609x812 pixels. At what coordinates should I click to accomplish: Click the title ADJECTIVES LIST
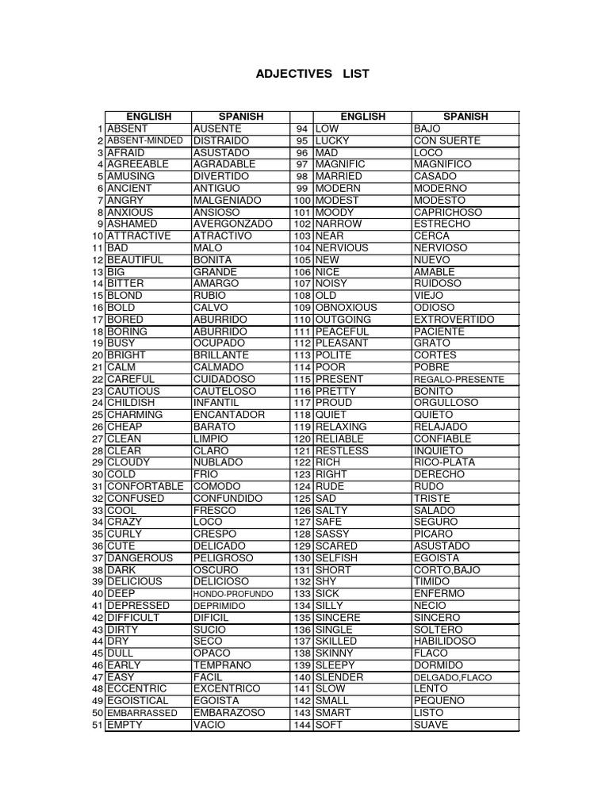coord(312,74)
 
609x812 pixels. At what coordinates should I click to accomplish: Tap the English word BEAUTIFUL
coord(135,260)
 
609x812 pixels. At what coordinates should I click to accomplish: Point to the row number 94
coord(301,128)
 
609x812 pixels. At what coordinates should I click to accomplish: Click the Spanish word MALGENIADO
coord(227,201)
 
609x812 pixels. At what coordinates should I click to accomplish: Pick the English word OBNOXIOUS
coord(346,308)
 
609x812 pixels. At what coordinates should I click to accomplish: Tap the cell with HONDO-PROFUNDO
coord(233,594)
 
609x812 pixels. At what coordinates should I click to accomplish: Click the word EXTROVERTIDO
coord(454,320)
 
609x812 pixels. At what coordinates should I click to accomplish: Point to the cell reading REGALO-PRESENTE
coord(458,380)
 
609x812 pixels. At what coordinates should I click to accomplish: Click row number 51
coord(98,726)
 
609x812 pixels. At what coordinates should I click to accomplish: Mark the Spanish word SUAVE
coord(431,726)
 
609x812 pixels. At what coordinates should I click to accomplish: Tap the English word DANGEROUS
coord(140,558)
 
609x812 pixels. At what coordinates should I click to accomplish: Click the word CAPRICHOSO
coord(448,213)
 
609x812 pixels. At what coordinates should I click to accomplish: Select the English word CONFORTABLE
coord(145,486)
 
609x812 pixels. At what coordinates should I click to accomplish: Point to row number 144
coord(301,726)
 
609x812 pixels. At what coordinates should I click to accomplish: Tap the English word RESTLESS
coord(342,450)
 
